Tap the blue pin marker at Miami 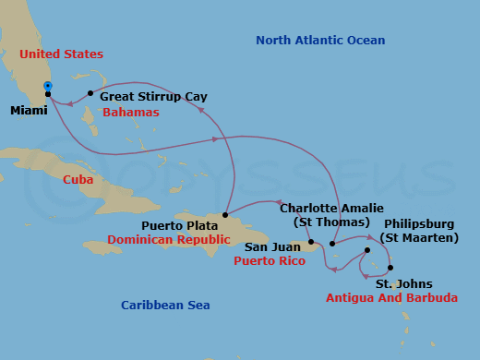tap(48, 86)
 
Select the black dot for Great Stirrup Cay tap(90, 93)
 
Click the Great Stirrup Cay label tap(153, 96)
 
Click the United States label tap(61, 54)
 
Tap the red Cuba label tap(78, 179)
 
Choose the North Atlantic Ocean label tap(320, 40)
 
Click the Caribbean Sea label tap(165, 305)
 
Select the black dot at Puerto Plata tap(225, 215)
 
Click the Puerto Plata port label tap(179, 224)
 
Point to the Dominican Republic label tap(168, 239)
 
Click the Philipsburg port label tap(421, 223)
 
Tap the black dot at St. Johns tap(390, 268)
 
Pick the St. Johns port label tap(403, 283)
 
